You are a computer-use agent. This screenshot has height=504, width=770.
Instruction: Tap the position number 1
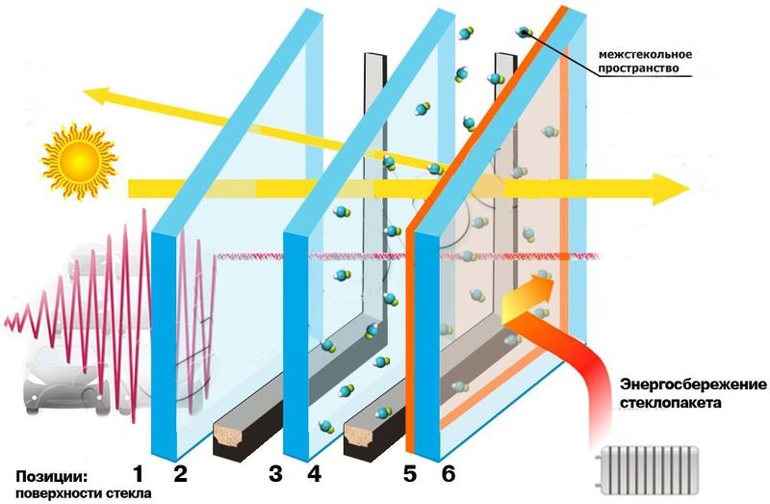pyautogui.click(x=138, y=474)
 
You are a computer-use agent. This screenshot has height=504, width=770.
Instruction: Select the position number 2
pyautogui.click(x=180, y=474)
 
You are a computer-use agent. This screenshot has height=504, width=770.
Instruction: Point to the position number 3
pyautogui.click(x=275, y=474)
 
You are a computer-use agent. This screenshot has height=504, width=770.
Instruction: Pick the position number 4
pyautogui.click(x=315, y=474)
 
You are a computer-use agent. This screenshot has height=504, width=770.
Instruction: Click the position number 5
pyautogui.click(x=410, y=474)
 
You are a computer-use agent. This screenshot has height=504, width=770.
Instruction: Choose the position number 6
pyautogui.click(x=449, y=474)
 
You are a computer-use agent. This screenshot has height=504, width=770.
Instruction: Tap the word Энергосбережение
pyautogui.click(x=693, y=384)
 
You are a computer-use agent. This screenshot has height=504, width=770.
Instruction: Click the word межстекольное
pyautogui.click(x=645, y=54)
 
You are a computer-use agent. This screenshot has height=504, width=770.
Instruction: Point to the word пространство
pyautogui.click(x=639, y=67)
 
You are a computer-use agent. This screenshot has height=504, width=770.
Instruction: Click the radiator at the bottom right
pyautogui.click(x=646, y=469)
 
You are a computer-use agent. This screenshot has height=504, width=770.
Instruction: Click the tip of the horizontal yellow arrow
pyautogui.click(x=690, y=189)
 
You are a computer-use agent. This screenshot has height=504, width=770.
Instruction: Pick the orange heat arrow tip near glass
pyautogui.click(x=553, y=281)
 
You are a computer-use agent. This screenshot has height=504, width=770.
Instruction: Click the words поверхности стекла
pyautogui.click(x=84, y=493)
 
